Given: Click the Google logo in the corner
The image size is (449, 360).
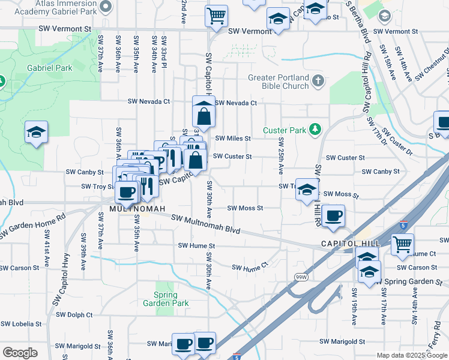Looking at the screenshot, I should [20, 352].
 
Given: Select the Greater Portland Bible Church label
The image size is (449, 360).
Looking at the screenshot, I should [279, 82].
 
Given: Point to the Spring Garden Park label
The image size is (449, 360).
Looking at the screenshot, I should [166, 299].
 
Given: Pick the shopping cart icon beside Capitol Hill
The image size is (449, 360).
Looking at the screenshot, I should [402, 244].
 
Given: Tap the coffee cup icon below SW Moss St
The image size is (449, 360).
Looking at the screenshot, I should [333, 215].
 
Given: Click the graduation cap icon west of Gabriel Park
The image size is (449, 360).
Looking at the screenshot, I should [36, 132].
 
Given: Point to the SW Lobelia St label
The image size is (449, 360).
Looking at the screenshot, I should [21, 323].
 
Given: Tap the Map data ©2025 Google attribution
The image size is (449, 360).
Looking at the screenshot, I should [411, 355].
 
